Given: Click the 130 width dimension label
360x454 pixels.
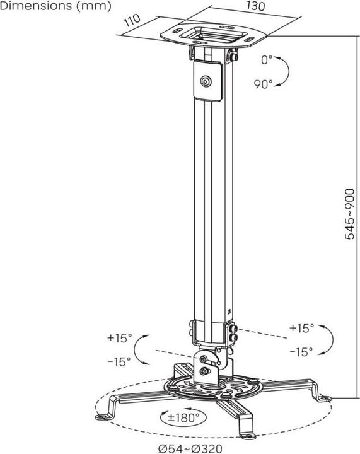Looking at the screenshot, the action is coord(255,6).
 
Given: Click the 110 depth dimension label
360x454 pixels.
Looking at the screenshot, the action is coord(132,20).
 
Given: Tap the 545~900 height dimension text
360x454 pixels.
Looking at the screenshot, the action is coord(350,214).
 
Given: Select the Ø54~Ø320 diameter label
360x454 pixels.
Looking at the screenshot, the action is coord(190,448).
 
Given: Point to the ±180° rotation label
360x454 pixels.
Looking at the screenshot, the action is coord(183,417).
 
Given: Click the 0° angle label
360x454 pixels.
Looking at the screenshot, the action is coord(267,60).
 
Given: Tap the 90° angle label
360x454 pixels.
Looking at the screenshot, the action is coord(264,84).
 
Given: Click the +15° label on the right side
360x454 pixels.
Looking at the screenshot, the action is coord(302,328).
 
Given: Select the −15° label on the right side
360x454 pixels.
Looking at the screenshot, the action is coord(301,352).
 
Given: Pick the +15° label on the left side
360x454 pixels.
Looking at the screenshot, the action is coord(120,337).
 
